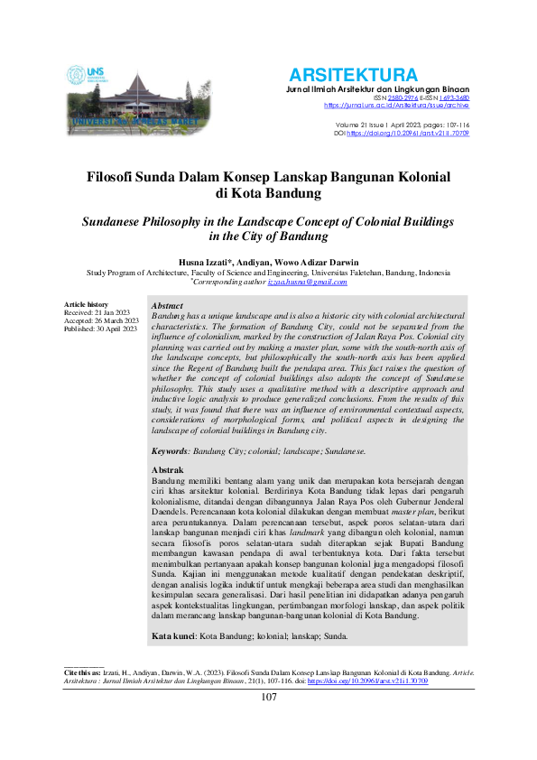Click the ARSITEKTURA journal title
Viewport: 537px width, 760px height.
coord(353,75)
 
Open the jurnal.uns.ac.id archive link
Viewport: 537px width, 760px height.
coord(396,106)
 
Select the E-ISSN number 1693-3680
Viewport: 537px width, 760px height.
coord(453,97)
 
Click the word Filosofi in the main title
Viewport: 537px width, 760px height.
coord(119,178)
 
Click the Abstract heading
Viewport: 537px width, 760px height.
coord(169,307)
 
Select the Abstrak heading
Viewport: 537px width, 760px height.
coord(168,470)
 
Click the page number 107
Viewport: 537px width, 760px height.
coord(269,722)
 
